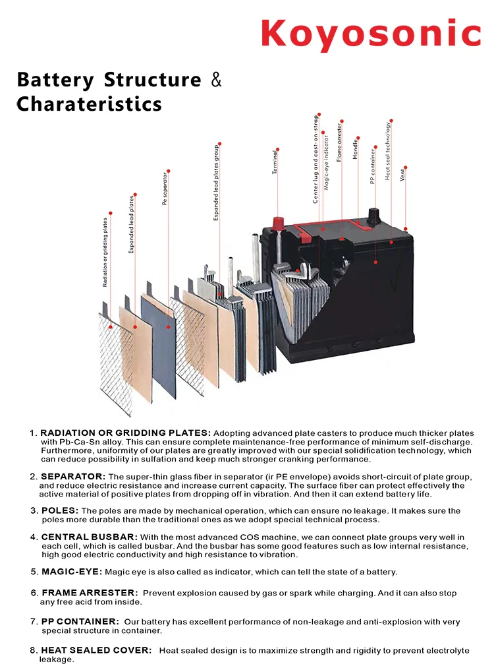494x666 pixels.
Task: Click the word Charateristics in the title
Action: (x=89, y=104)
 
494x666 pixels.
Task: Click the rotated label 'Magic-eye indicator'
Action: (x=327, y=162)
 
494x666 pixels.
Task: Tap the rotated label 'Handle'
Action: (x=356, y=149)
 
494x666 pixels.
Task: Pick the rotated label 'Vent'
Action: (x=402, y=174)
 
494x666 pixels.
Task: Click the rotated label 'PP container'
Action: (x=373, y=166)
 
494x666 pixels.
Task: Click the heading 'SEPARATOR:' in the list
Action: (x=73, y=476)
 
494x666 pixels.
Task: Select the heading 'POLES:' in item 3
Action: (x=60, y=510)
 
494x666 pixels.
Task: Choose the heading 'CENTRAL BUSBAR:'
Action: (x=90, y=537)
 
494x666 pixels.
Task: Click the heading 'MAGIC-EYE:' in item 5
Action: (x=72, y=572)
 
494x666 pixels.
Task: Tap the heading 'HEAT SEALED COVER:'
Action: (x=96, y=650)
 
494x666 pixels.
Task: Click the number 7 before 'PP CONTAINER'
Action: (x=34, y=622)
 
